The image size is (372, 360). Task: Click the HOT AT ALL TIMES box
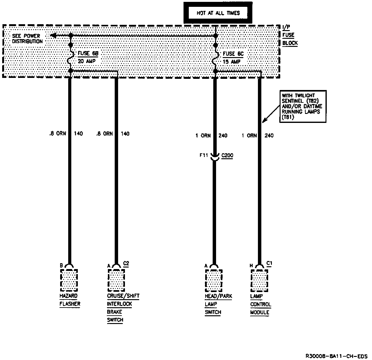218,13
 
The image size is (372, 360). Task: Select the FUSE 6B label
88,53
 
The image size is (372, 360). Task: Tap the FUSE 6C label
233,54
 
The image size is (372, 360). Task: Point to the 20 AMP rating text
86,61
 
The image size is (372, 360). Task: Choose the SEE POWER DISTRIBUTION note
27,38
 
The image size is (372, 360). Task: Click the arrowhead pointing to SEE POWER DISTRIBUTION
53,36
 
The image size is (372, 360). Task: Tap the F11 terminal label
204,155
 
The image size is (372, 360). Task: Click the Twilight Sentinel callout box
303,106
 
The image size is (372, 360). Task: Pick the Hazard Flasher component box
69,279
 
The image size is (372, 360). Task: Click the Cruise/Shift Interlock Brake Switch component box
116,279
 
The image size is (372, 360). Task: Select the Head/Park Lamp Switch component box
214,279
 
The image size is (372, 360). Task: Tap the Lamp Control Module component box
259,279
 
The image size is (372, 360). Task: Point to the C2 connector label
126,263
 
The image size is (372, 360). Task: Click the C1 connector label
269,263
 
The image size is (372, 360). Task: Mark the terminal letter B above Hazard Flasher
61,266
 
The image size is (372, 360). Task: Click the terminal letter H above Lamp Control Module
251,266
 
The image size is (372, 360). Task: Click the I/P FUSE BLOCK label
290,35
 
